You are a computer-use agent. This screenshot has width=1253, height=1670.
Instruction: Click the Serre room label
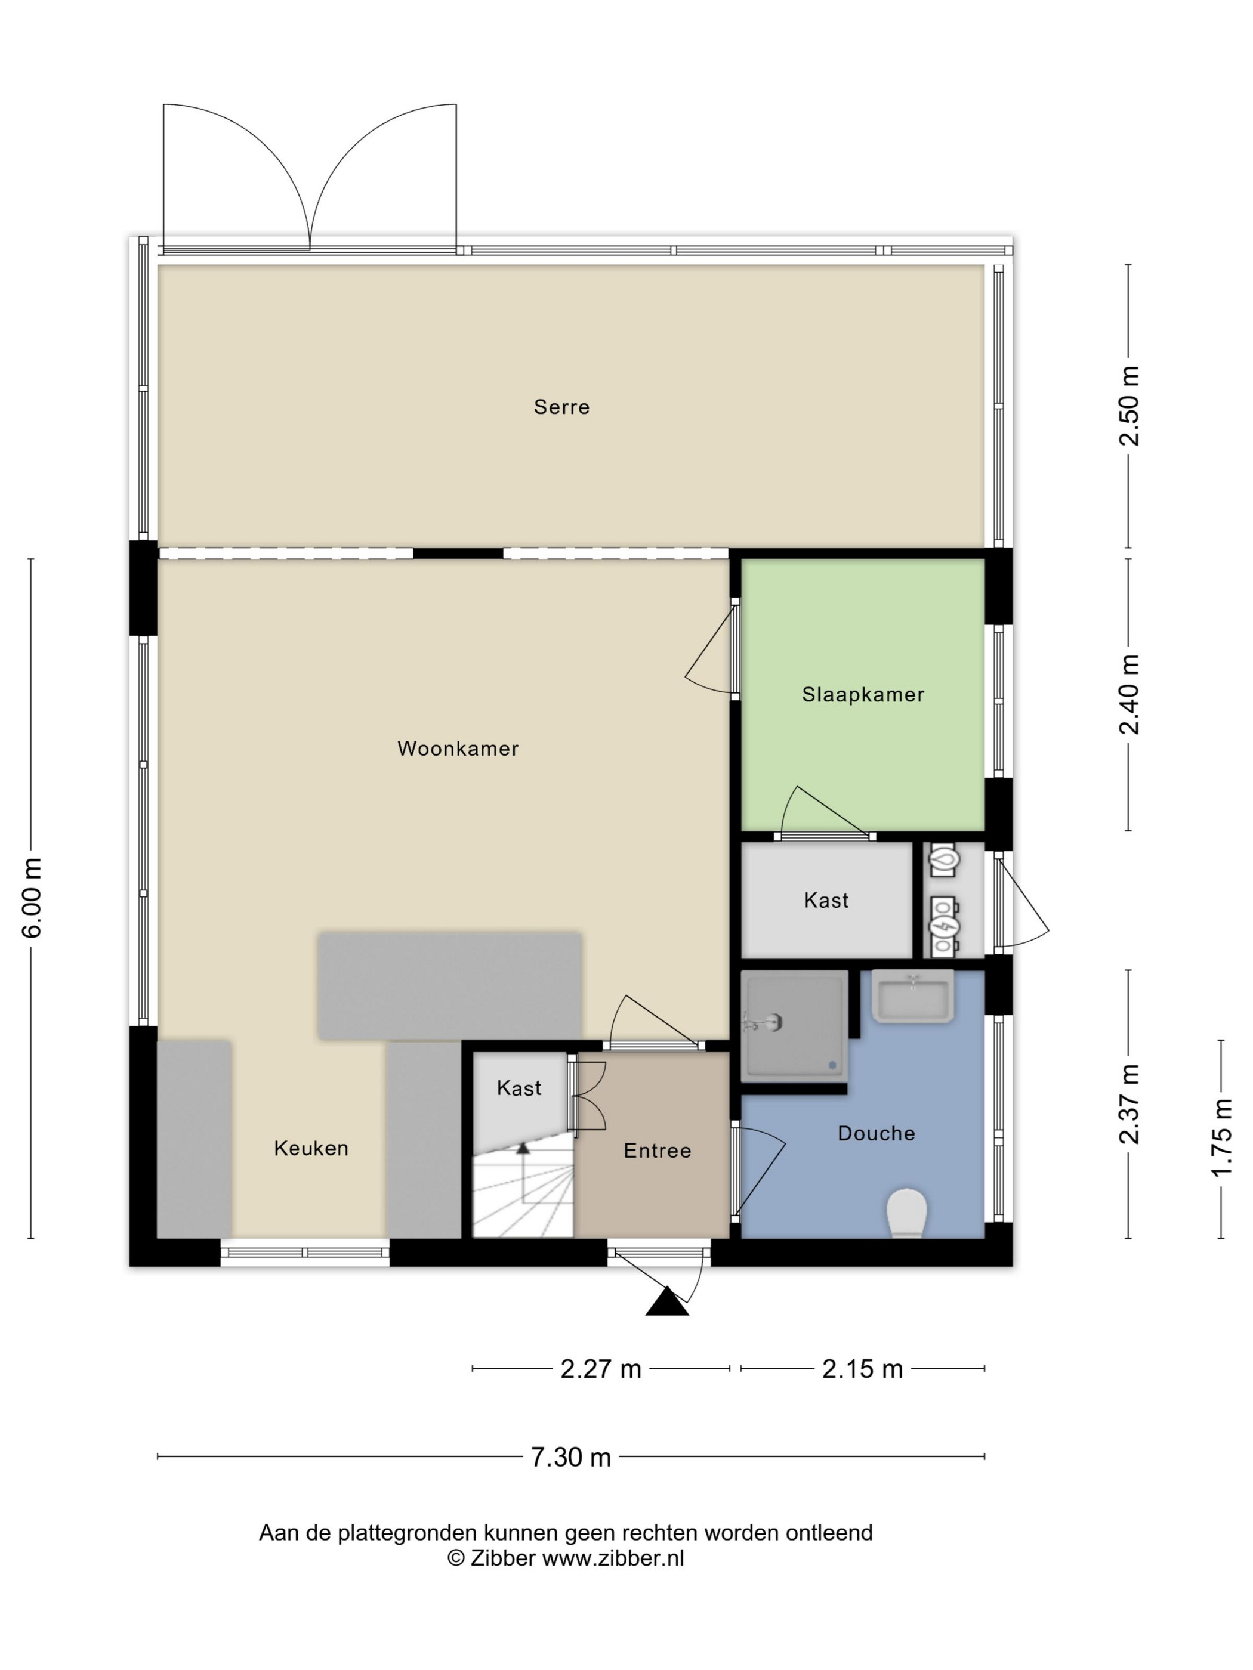tap(561, 407)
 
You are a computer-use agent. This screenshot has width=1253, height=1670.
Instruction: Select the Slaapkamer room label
tap(863, 695)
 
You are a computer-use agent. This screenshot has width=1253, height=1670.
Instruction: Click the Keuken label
tap(311, 1148)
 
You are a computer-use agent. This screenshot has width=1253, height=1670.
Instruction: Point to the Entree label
tap(657, 1151)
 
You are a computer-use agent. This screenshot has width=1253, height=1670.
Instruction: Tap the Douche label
tap(876, 1133)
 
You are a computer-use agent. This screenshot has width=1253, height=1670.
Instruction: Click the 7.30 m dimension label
tap(570, 1456)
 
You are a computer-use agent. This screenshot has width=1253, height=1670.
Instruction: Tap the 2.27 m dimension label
tap(600, 1369)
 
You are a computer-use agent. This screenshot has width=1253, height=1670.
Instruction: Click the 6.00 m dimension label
tap(32, 898)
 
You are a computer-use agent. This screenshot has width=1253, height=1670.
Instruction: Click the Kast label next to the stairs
tap(519, 1088)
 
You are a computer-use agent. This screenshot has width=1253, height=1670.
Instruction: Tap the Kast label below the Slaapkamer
tap(826, 900)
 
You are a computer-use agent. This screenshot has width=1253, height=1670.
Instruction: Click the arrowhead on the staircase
tap(523, 1148)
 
